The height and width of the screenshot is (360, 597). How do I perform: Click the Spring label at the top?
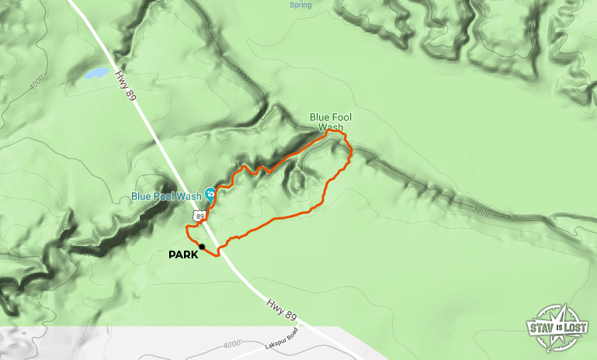tap(300, 5)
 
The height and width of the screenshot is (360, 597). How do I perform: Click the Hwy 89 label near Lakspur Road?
tap(281, 308)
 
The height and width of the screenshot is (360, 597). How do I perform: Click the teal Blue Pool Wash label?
tap(166, 196)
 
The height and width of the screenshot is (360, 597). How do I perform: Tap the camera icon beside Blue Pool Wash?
tap(210, 196)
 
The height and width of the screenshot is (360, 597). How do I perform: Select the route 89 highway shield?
tap(201, 216)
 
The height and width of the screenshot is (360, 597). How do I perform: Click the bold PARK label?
tap(183, 254)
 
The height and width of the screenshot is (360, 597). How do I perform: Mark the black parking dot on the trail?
tap(202, 247)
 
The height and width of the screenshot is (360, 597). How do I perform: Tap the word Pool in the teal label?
tap(166, 196)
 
